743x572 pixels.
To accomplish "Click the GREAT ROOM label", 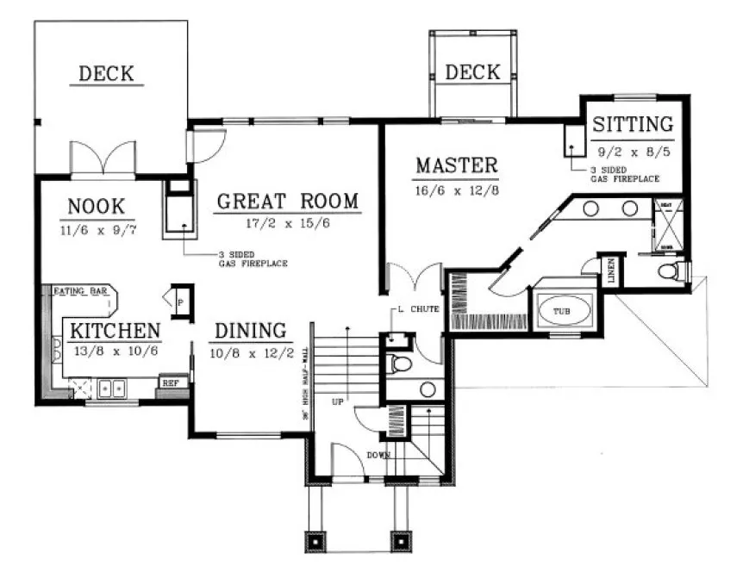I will coord(286,202).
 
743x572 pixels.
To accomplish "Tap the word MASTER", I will coord(456,165).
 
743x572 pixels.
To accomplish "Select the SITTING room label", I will coord(632,123).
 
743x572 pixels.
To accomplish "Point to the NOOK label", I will coord(97,207).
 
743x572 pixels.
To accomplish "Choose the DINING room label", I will coord(250,330).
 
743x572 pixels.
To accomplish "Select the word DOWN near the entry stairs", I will coord(378,454).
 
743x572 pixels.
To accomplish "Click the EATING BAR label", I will coord(80,291).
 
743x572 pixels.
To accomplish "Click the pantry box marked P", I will coord(181,302).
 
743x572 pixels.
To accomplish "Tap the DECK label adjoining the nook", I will coord(106,73).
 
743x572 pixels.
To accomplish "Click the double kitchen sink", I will coord(112,389).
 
